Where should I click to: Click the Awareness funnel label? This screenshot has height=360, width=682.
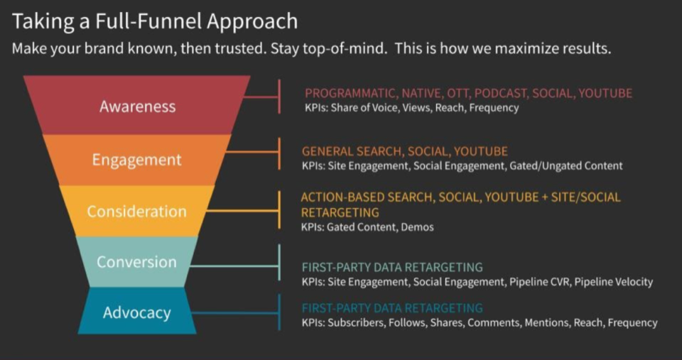coord(137,107)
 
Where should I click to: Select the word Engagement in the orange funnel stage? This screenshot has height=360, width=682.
coord(137,160)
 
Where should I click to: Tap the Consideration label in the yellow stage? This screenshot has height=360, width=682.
coord(136,212)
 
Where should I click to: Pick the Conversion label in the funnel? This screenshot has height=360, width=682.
coord(136,262)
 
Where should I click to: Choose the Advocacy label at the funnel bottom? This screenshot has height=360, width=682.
coord(136,312)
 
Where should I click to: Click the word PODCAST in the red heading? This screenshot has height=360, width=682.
coord(503,93)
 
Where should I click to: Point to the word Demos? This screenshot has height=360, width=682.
coord(417,227)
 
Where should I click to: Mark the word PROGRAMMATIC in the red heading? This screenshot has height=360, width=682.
coord(350,93)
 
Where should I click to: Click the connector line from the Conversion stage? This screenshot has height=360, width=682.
coord(234,266)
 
